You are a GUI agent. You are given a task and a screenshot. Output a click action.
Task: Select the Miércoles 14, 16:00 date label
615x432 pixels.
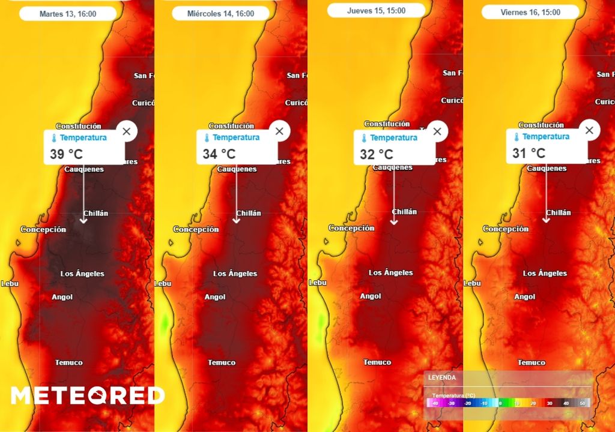click(x=220, y=13)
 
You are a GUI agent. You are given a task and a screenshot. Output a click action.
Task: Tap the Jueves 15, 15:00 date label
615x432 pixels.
click(x=376, y=11)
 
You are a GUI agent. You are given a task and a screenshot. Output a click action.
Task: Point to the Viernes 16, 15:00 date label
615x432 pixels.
click(x=530, y=12)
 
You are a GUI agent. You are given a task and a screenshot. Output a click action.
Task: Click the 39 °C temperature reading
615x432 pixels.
click(x=66, y=154)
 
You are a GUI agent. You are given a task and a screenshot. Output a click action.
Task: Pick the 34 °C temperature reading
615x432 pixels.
click(x=219, y=154)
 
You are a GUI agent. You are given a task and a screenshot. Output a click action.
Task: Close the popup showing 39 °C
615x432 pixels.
click(x=126, y=131)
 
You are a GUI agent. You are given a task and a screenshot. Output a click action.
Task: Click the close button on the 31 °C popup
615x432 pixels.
click(x=589, y=130)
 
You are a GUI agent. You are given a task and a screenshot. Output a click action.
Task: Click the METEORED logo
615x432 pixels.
click(x=88, y=395)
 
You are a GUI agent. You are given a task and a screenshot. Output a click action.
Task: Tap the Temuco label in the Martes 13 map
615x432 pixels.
click(x=68, y=362)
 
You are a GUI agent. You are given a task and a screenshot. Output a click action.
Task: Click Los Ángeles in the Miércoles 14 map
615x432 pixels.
click(x=235, y=274)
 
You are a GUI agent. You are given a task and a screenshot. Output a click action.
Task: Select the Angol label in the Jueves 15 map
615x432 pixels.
click(x=371, y=296)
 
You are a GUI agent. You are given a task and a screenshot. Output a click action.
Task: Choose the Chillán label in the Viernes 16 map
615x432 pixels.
click(x=559, y=212)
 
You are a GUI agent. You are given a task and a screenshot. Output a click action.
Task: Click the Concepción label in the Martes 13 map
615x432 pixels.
click(x=43, y=229)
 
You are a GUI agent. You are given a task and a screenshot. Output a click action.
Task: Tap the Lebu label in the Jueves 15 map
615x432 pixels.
click(x=317, y=282)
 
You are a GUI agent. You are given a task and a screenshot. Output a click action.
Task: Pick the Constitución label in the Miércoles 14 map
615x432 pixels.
click(x=231, y=126)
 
